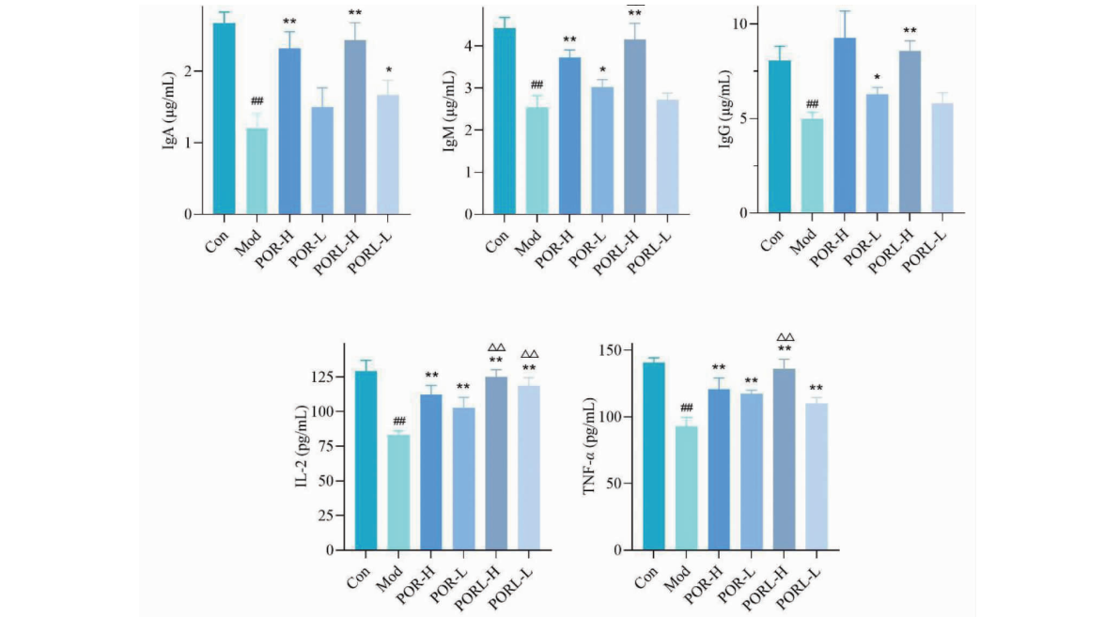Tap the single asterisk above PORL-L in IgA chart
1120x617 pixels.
(389, 70)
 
